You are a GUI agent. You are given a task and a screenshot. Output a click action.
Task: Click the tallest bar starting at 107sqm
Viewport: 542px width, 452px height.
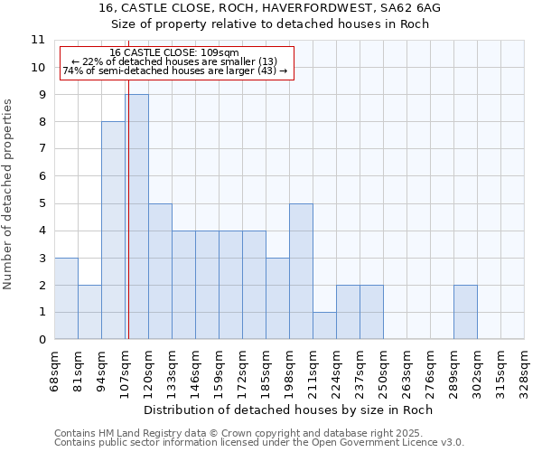[137, 217]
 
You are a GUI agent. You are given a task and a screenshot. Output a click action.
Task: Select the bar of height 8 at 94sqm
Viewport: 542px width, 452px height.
[113, 231]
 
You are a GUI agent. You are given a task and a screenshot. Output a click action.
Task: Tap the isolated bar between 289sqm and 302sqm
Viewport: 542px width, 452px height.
[465, 312]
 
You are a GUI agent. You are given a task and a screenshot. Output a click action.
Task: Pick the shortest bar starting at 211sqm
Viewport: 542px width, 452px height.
[324, 325]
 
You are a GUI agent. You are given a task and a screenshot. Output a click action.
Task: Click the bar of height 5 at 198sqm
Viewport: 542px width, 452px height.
[301, 271]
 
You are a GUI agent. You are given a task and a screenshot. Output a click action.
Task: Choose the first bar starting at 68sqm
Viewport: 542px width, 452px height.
[66, 298]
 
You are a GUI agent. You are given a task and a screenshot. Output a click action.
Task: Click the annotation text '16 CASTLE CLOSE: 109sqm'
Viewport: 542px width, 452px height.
[174, 53]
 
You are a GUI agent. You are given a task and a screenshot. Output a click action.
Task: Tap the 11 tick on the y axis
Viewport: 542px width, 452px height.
[38, 40]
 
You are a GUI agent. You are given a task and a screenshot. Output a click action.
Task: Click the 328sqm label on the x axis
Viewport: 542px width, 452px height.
[524, 371]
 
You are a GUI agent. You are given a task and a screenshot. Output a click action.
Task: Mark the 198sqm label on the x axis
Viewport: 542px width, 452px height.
[289, 371]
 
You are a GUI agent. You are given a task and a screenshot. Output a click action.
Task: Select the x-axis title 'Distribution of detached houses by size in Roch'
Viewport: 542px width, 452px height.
[288, 410]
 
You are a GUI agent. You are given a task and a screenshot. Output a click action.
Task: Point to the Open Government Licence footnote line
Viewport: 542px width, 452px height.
[258, 442]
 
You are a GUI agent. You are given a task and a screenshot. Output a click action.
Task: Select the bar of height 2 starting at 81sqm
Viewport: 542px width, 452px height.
[89, 312]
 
